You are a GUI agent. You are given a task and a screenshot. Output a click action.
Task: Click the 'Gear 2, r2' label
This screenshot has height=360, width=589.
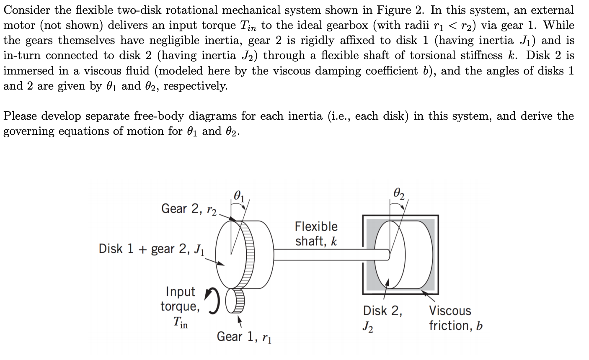tap(189, 209)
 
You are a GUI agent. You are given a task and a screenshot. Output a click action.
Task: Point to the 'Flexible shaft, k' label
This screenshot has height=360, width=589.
tap(316, 234)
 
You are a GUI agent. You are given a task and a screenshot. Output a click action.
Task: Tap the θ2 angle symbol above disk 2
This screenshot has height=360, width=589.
tap(399, 193)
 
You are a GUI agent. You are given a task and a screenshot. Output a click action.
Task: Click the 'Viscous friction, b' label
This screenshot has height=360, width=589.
tap(455, 318)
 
